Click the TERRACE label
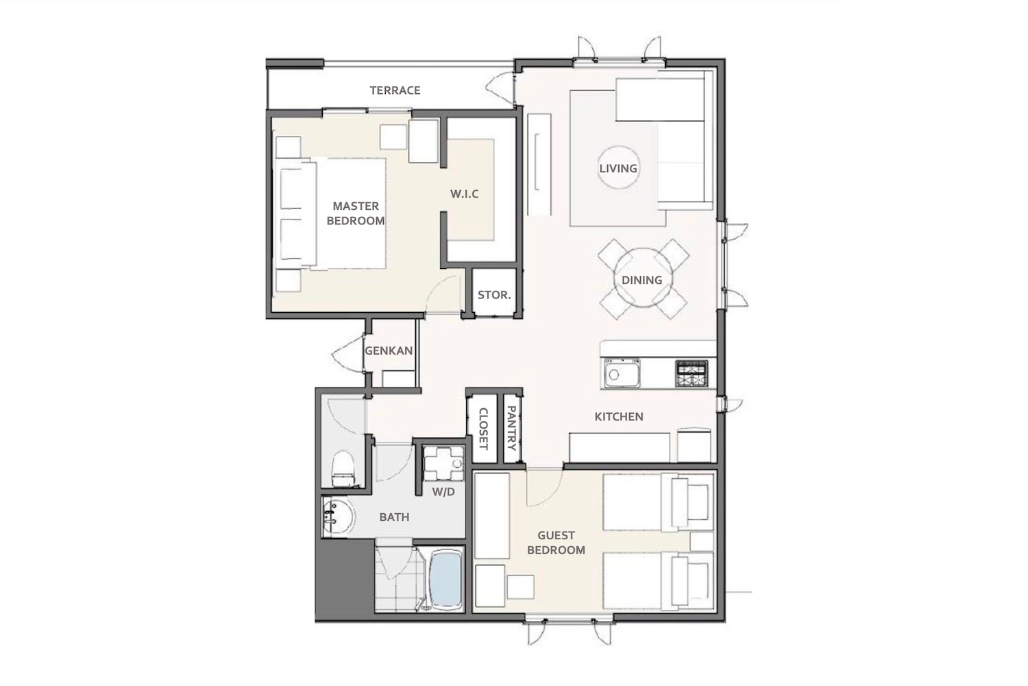(x=395, y=90)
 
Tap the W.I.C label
(x=464, y=194)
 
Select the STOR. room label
(x=494, y=295)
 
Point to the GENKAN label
(x=389, y=351)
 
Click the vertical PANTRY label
(x=511, y=428)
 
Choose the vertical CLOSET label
(x=483, y=429)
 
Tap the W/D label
(x=443, y=492)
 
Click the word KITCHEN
(x=619, y=417)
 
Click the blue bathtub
(x=446, y=578)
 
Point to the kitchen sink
(x=622, y=372)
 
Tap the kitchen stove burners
(x=692, y=373)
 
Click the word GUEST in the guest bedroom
(x=556, y=535)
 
